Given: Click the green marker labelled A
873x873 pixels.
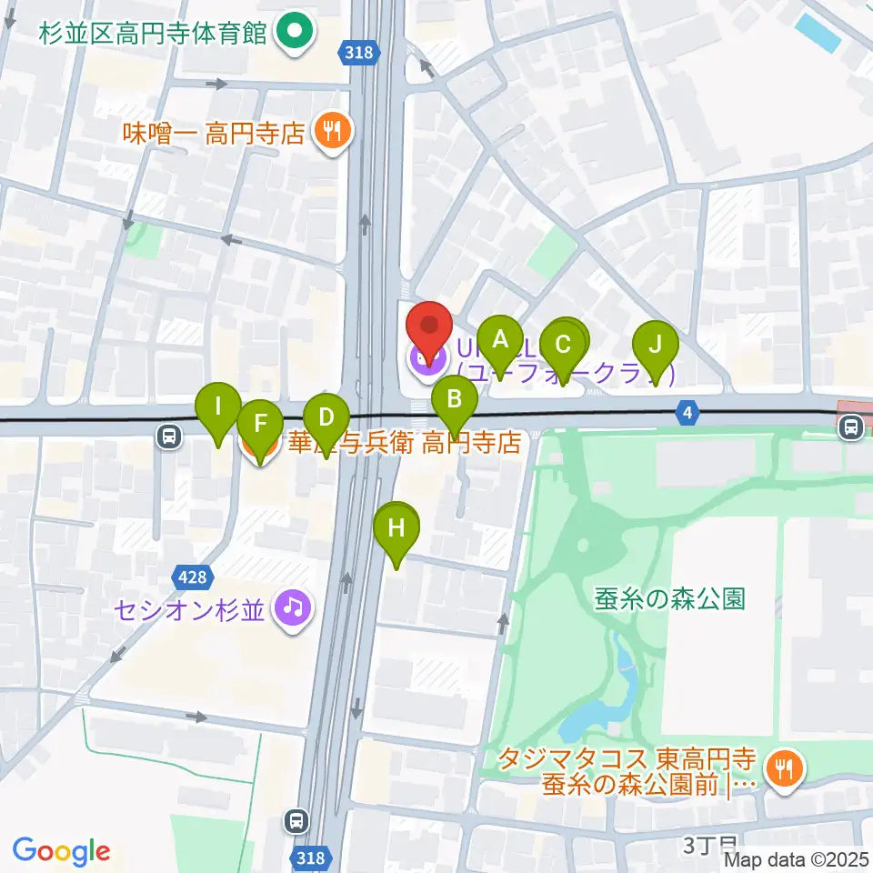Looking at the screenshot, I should [x=498, y=341].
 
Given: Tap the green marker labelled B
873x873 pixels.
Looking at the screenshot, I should [x=455, y=400].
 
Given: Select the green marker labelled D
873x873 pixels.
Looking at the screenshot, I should [x=326, y=418].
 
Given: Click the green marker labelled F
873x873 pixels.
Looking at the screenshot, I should [x=259, y=424].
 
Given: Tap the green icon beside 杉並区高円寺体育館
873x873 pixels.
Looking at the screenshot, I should [x=293, y=35].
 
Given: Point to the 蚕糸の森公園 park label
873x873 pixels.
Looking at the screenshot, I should [x=670, y=597].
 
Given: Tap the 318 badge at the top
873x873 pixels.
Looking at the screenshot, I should [x=360, y=53].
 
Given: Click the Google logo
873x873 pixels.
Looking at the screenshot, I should [x=61, y=852].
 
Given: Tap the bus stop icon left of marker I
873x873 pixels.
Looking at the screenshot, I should [x=168, y=436].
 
